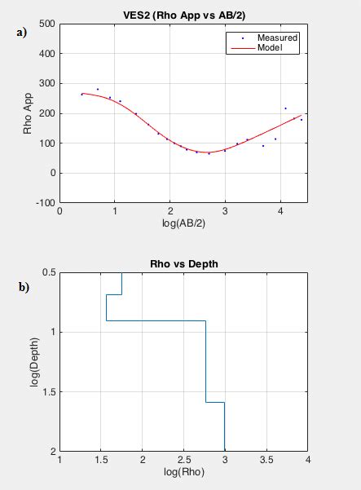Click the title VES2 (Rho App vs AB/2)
(x=183, y=15)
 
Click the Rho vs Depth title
(x=183, y=263)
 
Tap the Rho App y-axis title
(x=27, y=113)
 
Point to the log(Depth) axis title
(x=35, y=361)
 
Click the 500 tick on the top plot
(x=46, y=24)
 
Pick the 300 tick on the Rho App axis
(x=46, y=84)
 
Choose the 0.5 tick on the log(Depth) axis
(x=48, y=272)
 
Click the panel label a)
(x=22, y=33)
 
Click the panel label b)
(x=22, y=287)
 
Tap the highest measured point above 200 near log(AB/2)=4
(x=285, y=108)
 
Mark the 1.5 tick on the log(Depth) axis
(x=48, y=392)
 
